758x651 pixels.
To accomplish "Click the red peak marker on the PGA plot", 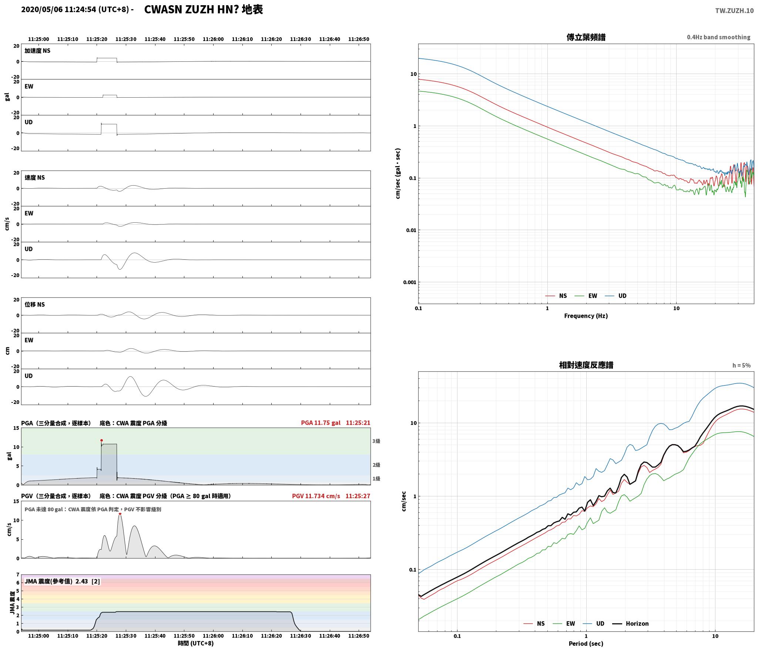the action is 101,440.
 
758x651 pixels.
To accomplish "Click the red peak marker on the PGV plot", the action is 120,513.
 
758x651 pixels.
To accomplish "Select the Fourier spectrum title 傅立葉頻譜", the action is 586,37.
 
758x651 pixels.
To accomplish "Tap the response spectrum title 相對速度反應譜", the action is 586,365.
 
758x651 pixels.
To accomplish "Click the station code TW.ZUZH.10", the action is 734,10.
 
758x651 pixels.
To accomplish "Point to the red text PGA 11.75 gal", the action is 321,423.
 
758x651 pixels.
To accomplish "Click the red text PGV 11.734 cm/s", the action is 316,496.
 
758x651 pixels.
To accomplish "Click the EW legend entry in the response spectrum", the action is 564,624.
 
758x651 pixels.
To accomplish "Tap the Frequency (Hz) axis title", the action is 586,316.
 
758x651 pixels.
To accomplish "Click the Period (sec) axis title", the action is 586,644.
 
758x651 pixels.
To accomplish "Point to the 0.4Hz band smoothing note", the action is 718,37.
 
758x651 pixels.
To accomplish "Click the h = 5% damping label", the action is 741,365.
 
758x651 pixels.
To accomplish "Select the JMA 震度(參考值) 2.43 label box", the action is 62,581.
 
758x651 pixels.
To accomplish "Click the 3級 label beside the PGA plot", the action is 376,441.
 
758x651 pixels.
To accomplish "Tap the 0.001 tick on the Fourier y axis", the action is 410,282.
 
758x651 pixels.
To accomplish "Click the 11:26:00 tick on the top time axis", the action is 213,39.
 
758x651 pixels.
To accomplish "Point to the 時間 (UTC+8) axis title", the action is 195,643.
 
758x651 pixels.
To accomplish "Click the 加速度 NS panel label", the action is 37,51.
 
